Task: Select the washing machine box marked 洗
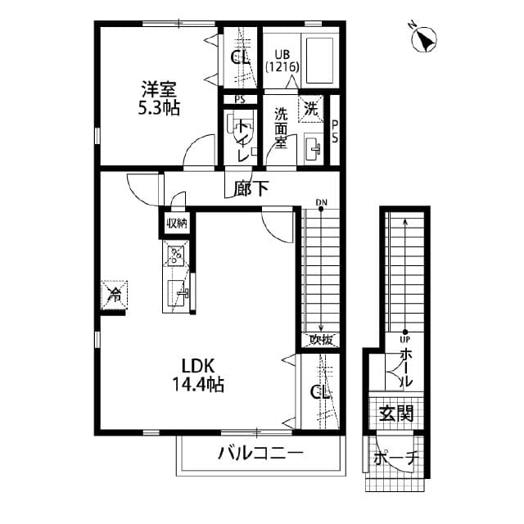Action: [312, 106]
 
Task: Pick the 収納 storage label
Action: [177, 223]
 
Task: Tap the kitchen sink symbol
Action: [178, 292]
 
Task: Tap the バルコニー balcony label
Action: [261, 454]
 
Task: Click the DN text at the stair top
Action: [322, 201]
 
